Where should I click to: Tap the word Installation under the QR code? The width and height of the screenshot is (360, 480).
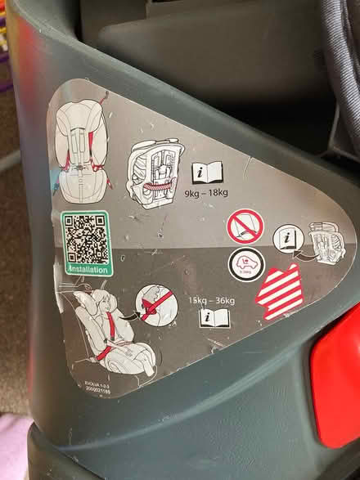click(86, 267)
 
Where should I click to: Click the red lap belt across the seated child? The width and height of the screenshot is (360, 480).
click(108, 353)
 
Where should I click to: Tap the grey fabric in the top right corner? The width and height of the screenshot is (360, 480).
click(344, 33)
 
